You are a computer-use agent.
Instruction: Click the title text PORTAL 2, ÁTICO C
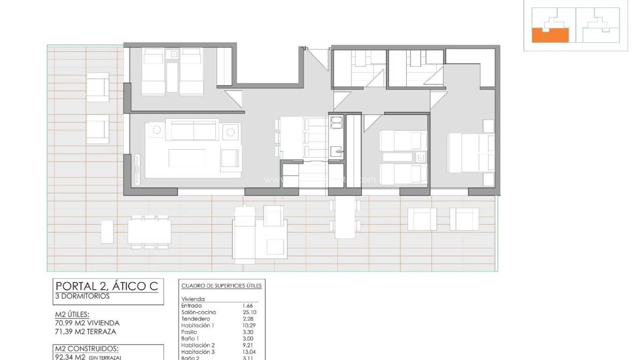107,285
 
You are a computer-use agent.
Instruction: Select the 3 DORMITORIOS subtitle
82,296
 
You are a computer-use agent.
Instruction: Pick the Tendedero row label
195,319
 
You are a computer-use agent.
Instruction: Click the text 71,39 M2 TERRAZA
85,331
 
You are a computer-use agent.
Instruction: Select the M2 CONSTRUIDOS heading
87,349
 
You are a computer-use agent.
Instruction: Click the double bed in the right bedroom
470,153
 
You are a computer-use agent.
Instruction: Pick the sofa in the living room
193,129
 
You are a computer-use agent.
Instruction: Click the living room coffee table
187,158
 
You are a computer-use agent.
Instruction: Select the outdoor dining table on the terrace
149,232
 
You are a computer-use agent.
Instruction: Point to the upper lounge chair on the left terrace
97,87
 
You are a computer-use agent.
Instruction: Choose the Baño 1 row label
190,338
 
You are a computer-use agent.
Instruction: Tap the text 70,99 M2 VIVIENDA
87,323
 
